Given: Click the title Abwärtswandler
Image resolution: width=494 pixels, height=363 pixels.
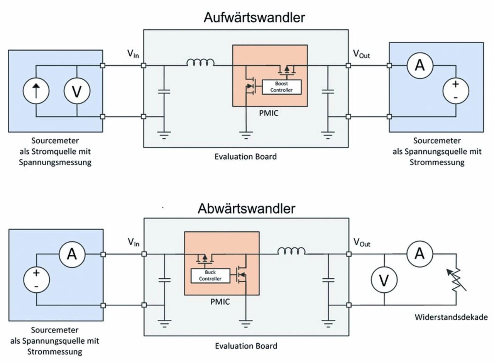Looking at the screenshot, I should pyautogui.click(x=247, y=209).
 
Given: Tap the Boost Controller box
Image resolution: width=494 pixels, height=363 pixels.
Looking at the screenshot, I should pyautogui.click(x=282, y=87).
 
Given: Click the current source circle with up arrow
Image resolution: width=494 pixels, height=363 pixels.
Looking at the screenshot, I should pyautogui.click(x=36, y=91).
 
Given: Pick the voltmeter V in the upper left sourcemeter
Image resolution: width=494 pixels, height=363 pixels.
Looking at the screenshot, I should pyautogui.click(x=77, y=91).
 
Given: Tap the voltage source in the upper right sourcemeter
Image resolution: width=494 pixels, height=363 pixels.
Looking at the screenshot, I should pyautogui.click(x=456, y=91).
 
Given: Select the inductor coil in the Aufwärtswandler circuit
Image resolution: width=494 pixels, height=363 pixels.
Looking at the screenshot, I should pyautogui.click(x=201, y=63).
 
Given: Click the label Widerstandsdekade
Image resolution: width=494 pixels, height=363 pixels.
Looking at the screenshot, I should pyautogui.click(x=451, y=317).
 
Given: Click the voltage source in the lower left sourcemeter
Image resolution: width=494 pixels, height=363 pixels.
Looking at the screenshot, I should pyautogui.click(x=36, y=280).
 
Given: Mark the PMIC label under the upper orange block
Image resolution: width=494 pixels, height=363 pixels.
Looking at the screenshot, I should pyautogui.click(x=269, y=115).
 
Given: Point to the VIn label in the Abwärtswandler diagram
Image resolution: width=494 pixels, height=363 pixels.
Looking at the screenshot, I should pyautogui.click(x=134, y=243).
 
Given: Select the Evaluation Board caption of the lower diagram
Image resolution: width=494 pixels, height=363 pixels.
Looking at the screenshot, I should pyautogui.click(x=246, y=346).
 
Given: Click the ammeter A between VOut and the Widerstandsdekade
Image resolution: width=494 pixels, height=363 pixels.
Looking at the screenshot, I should pyautogui.click(x=420, y=254).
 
